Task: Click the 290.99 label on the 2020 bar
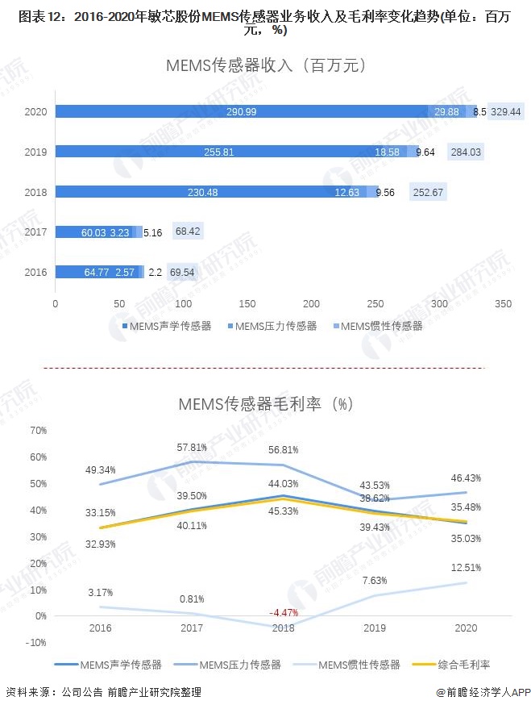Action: [x=242, y=112]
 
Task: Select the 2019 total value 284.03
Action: [x=466, y=152]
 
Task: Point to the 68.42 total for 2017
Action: [x=188, y=232]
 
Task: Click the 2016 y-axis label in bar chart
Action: [x=35, y=273]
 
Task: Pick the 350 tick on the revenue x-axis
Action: [x=504, y=304]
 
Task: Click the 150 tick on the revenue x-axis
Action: [x=247, y=304]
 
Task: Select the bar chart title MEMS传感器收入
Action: [x=265, y=65]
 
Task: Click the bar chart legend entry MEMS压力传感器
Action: [x=273, y=326]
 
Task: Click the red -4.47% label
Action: [x=282, y=612]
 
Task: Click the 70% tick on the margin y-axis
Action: [x=38, y=431]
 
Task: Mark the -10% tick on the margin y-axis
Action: [x=36, y=642]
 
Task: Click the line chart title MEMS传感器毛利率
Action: [x=265, y=402]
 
